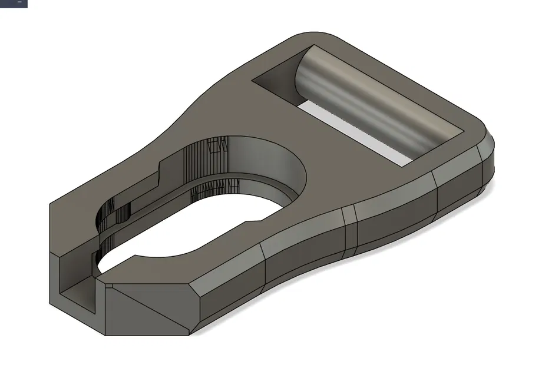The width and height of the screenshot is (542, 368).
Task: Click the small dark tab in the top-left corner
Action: pos(13,3)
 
